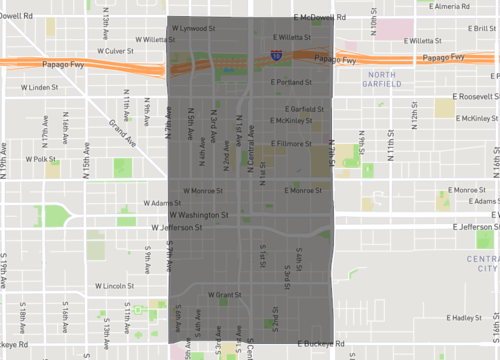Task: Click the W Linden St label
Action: [42, 87]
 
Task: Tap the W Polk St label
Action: [42, 158]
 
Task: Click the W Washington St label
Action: [198, 214]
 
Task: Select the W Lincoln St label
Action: [115, 285]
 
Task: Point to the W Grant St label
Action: [222, 295]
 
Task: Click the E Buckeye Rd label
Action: [313, 343]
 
